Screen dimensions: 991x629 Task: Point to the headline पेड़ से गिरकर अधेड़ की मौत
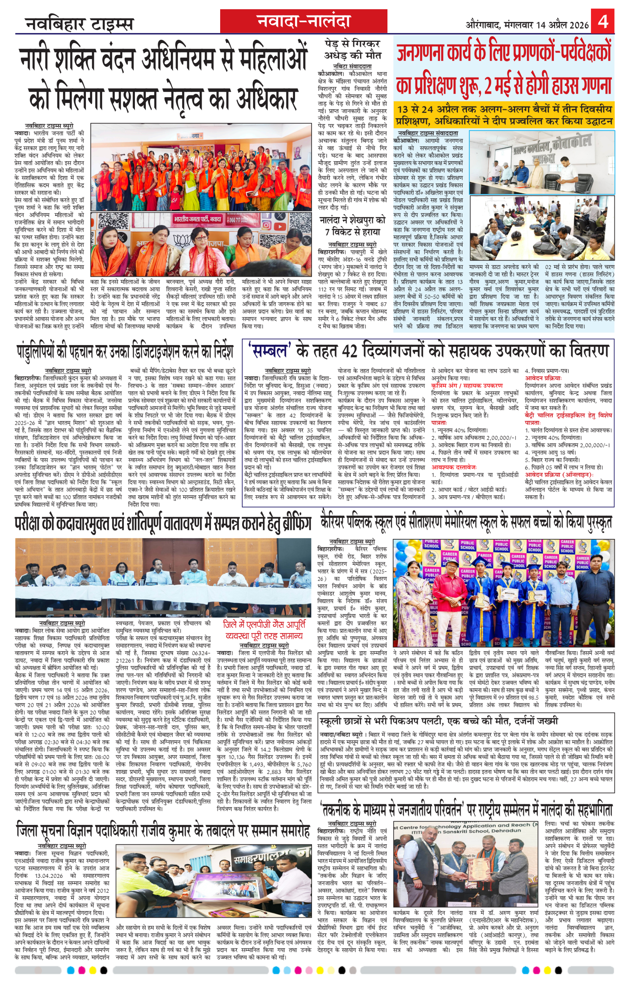[352, 49]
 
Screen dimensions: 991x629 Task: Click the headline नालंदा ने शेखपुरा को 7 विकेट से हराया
[352, 226]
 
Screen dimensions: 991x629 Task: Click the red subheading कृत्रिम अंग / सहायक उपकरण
[466, 386]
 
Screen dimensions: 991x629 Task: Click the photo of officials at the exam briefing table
[163, 572]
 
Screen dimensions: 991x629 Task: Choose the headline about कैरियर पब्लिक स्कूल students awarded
[466, 522]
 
